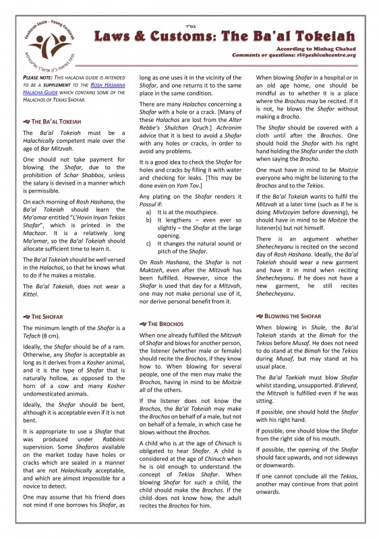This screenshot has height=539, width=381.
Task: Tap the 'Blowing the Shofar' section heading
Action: tap(290, 315)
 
